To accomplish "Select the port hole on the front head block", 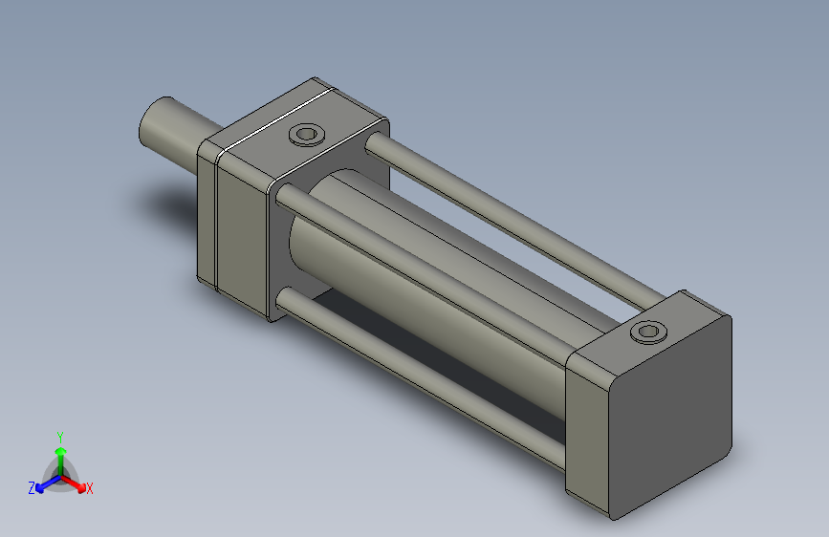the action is click(306, 134).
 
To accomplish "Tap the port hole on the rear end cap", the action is click(648, 332).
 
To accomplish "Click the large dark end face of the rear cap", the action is click(670, 418).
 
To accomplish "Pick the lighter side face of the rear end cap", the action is click(587, 434).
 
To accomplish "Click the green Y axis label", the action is click(60, 438).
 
